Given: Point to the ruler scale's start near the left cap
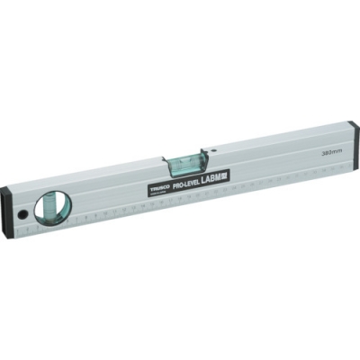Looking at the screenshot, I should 27,233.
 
